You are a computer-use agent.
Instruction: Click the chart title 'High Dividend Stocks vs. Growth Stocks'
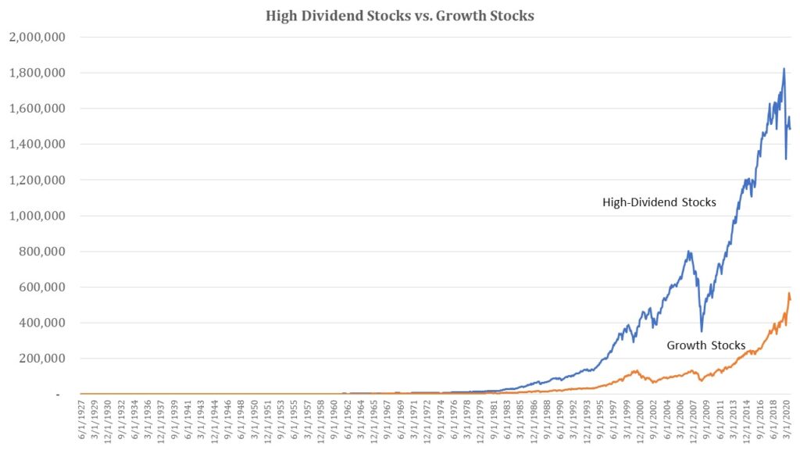(x=399, y=16)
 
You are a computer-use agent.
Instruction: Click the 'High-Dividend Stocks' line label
(x=659, y=202)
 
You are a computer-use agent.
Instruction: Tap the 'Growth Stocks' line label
(x=705, y=345)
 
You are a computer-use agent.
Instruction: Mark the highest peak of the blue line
(x=784, y=69)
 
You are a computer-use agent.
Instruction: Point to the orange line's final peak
(x=788, y=293)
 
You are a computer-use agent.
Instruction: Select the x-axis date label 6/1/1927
(x=84, y=422)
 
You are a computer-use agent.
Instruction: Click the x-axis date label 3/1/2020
(x=787, y=422)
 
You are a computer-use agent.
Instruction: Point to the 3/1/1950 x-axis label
(x=255, y=422)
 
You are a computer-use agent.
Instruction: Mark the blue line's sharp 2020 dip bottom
(x=786, y=159)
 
